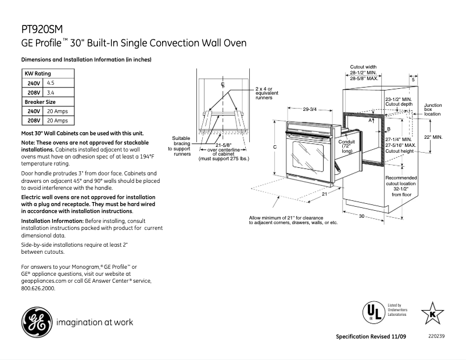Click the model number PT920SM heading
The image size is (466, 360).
41,28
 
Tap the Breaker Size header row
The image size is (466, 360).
48,102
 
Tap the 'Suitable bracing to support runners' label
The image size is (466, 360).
182,146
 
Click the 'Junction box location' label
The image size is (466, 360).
432,110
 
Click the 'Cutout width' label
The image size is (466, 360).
363,67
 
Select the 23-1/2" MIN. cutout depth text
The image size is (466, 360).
399,99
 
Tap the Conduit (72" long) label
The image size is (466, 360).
347,146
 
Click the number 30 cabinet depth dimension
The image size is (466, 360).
361,216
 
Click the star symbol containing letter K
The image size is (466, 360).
432,314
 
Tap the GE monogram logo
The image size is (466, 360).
36,322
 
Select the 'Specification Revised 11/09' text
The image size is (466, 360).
370,337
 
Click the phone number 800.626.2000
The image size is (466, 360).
38,288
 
